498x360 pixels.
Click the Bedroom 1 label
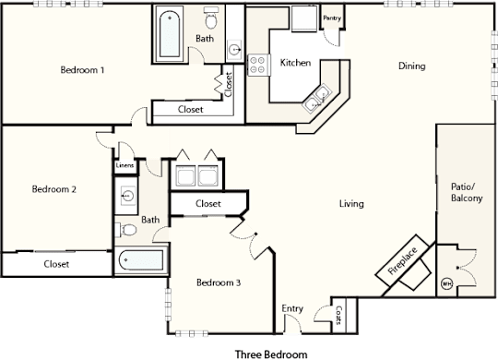pos(82,70)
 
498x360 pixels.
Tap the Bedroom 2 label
pos(54,189)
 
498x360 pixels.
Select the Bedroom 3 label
pos(219,282)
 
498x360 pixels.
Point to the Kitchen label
pos(295,63)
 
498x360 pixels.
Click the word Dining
pos(412,66)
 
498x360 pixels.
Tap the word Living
pos(351,203)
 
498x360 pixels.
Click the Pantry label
pos(332,18)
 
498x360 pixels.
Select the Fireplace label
pos(402,261)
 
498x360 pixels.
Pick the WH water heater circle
pos(447,283)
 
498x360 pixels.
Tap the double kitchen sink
pos(317,97)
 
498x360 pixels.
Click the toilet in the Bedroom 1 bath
pos(210,18)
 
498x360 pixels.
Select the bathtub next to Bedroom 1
pos(170,34)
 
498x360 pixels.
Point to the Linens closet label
pos(125,165)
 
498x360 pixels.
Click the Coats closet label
pos(338,315)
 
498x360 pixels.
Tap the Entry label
pos(292,308)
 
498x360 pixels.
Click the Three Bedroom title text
pos(271,354)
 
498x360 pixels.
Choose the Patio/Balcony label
pos(467,192)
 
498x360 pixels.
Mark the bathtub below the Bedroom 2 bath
pos(142,260)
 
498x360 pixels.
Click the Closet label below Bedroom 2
pos(56,264)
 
